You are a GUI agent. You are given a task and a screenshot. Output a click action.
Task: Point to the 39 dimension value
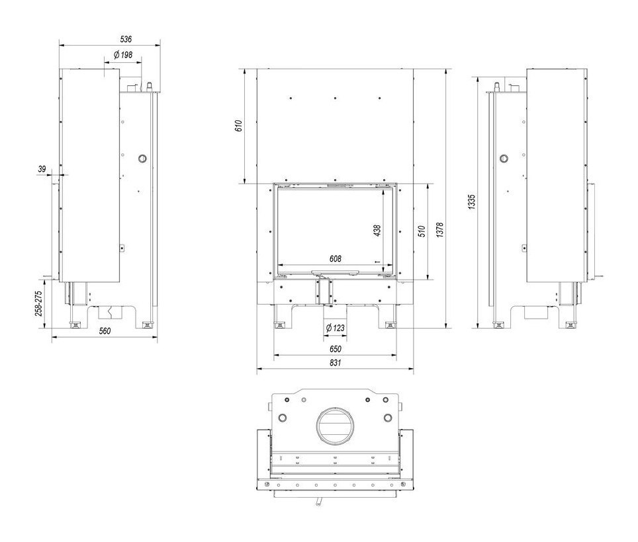point(42,170)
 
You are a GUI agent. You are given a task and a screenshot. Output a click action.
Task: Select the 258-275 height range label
point(39,303)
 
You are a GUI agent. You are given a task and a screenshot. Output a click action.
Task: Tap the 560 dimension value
point(104,330)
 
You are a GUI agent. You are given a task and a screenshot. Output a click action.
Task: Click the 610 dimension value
point(239,126)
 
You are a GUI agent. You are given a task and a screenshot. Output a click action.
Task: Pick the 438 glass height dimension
point(377,230)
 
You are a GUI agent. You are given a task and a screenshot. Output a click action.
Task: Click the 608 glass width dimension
point(336,258)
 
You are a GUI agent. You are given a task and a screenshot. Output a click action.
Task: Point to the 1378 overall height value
point(439,230)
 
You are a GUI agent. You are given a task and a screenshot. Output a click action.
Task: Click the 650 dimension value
point(335,348)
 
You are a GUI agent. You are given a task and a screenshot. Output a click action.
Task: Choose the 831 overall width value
point(335,363)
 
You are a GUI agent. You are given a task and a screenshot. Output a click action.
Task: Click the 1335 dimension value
point(471,202)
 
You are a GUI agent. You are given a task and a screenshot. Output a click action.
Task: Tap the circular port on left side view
point(142,159)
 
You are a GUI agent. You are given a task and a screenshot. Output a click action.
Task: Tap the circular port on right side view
point(504,159)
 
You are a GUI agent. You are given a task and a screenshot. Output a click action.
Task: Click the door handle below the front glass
point(336,271)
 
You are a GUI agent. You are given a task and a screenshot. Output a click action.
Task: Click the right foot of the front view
point(389,325)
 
